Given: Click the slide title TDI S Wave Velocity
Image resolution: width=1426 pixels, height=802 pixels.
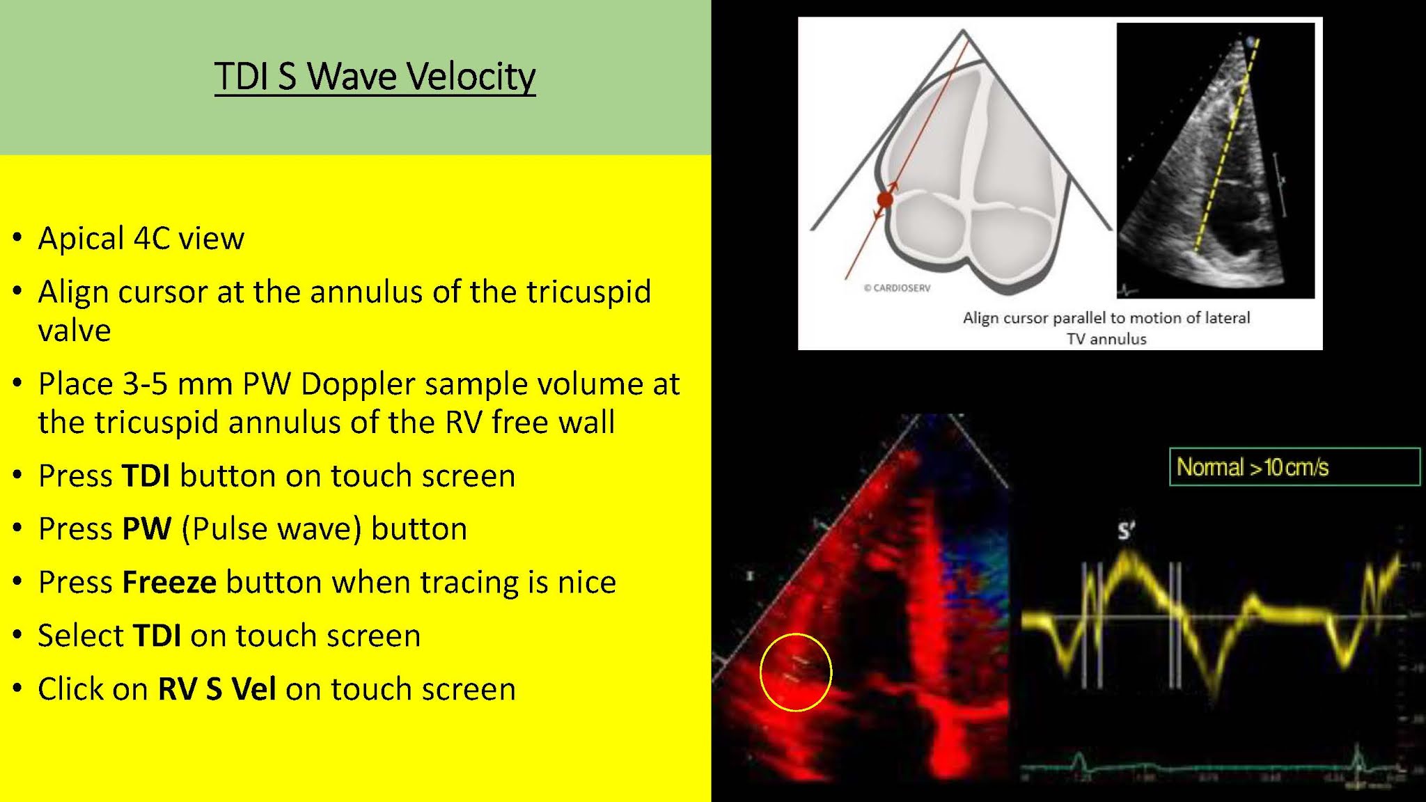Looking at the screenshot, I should [x=375, y=77].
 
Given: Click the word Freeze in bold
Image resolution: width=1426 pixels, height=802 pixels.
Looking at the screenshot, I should [x=169, y=583].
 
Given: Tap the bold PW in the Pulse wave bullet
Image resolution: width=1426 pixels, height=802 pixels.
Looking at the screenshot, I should [x=146, y=529].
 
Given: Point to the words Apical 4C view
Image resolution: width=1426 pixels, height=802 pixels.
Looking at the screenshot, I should [x=141, y=239].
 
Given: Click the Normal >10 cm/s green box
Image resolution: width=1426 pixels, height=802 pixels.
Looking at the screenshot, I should [x=1294, y=467].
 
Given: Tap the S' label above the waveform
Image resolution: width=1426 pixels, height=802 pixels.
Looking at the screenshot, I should [x=1126, y=531].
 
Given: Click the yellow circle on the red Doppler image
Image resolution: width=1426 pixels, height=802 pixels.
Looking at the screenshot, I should [x=796, y=673].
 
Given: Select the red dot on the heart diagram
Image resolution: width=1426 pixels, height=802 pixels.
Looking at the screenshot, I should [x=885, y=200].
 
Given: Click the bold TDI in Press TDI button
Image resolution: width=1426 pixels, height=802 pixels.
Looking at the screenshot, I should [x=146, y=476].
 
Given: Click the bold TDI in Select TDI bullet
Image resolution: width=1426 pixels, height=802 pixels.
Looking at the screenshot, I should [x=157, y=636].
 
